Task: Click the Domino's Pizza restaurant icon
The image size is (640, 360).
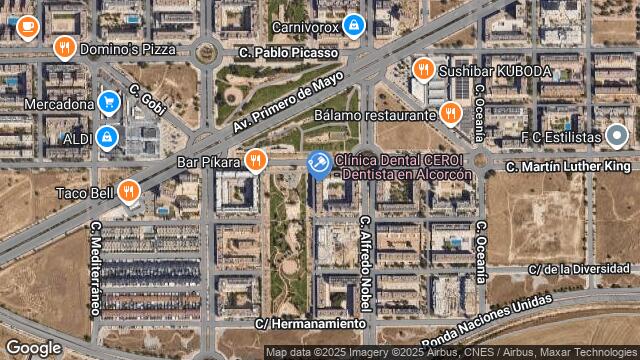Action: (65, 47)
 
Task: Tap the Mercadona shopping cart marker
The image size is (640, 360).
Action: (109, 101)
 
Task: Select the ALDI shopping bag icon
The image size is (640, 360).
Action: (107, 137)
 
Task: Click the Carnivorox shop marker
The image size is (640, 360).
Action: (352, 24)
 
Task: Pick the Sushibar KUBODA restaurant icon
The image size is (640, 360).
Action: (423, 70)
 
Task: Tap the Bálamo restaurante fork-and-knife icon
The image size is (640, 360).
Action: (449, 114)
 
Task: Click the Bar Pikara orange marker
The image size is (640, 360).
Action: (256, 160)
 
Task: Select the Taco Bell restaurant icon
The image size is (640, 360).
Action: (128, 190)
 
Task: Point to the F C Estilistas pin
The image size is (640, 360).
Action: (617, 135)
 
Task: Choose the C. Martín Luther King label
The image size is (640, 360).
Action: (567, 166)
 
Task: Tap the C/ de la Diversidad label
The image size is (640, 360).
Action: (581, 268)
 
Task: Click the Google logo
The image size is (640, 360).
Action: (33, 347)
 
